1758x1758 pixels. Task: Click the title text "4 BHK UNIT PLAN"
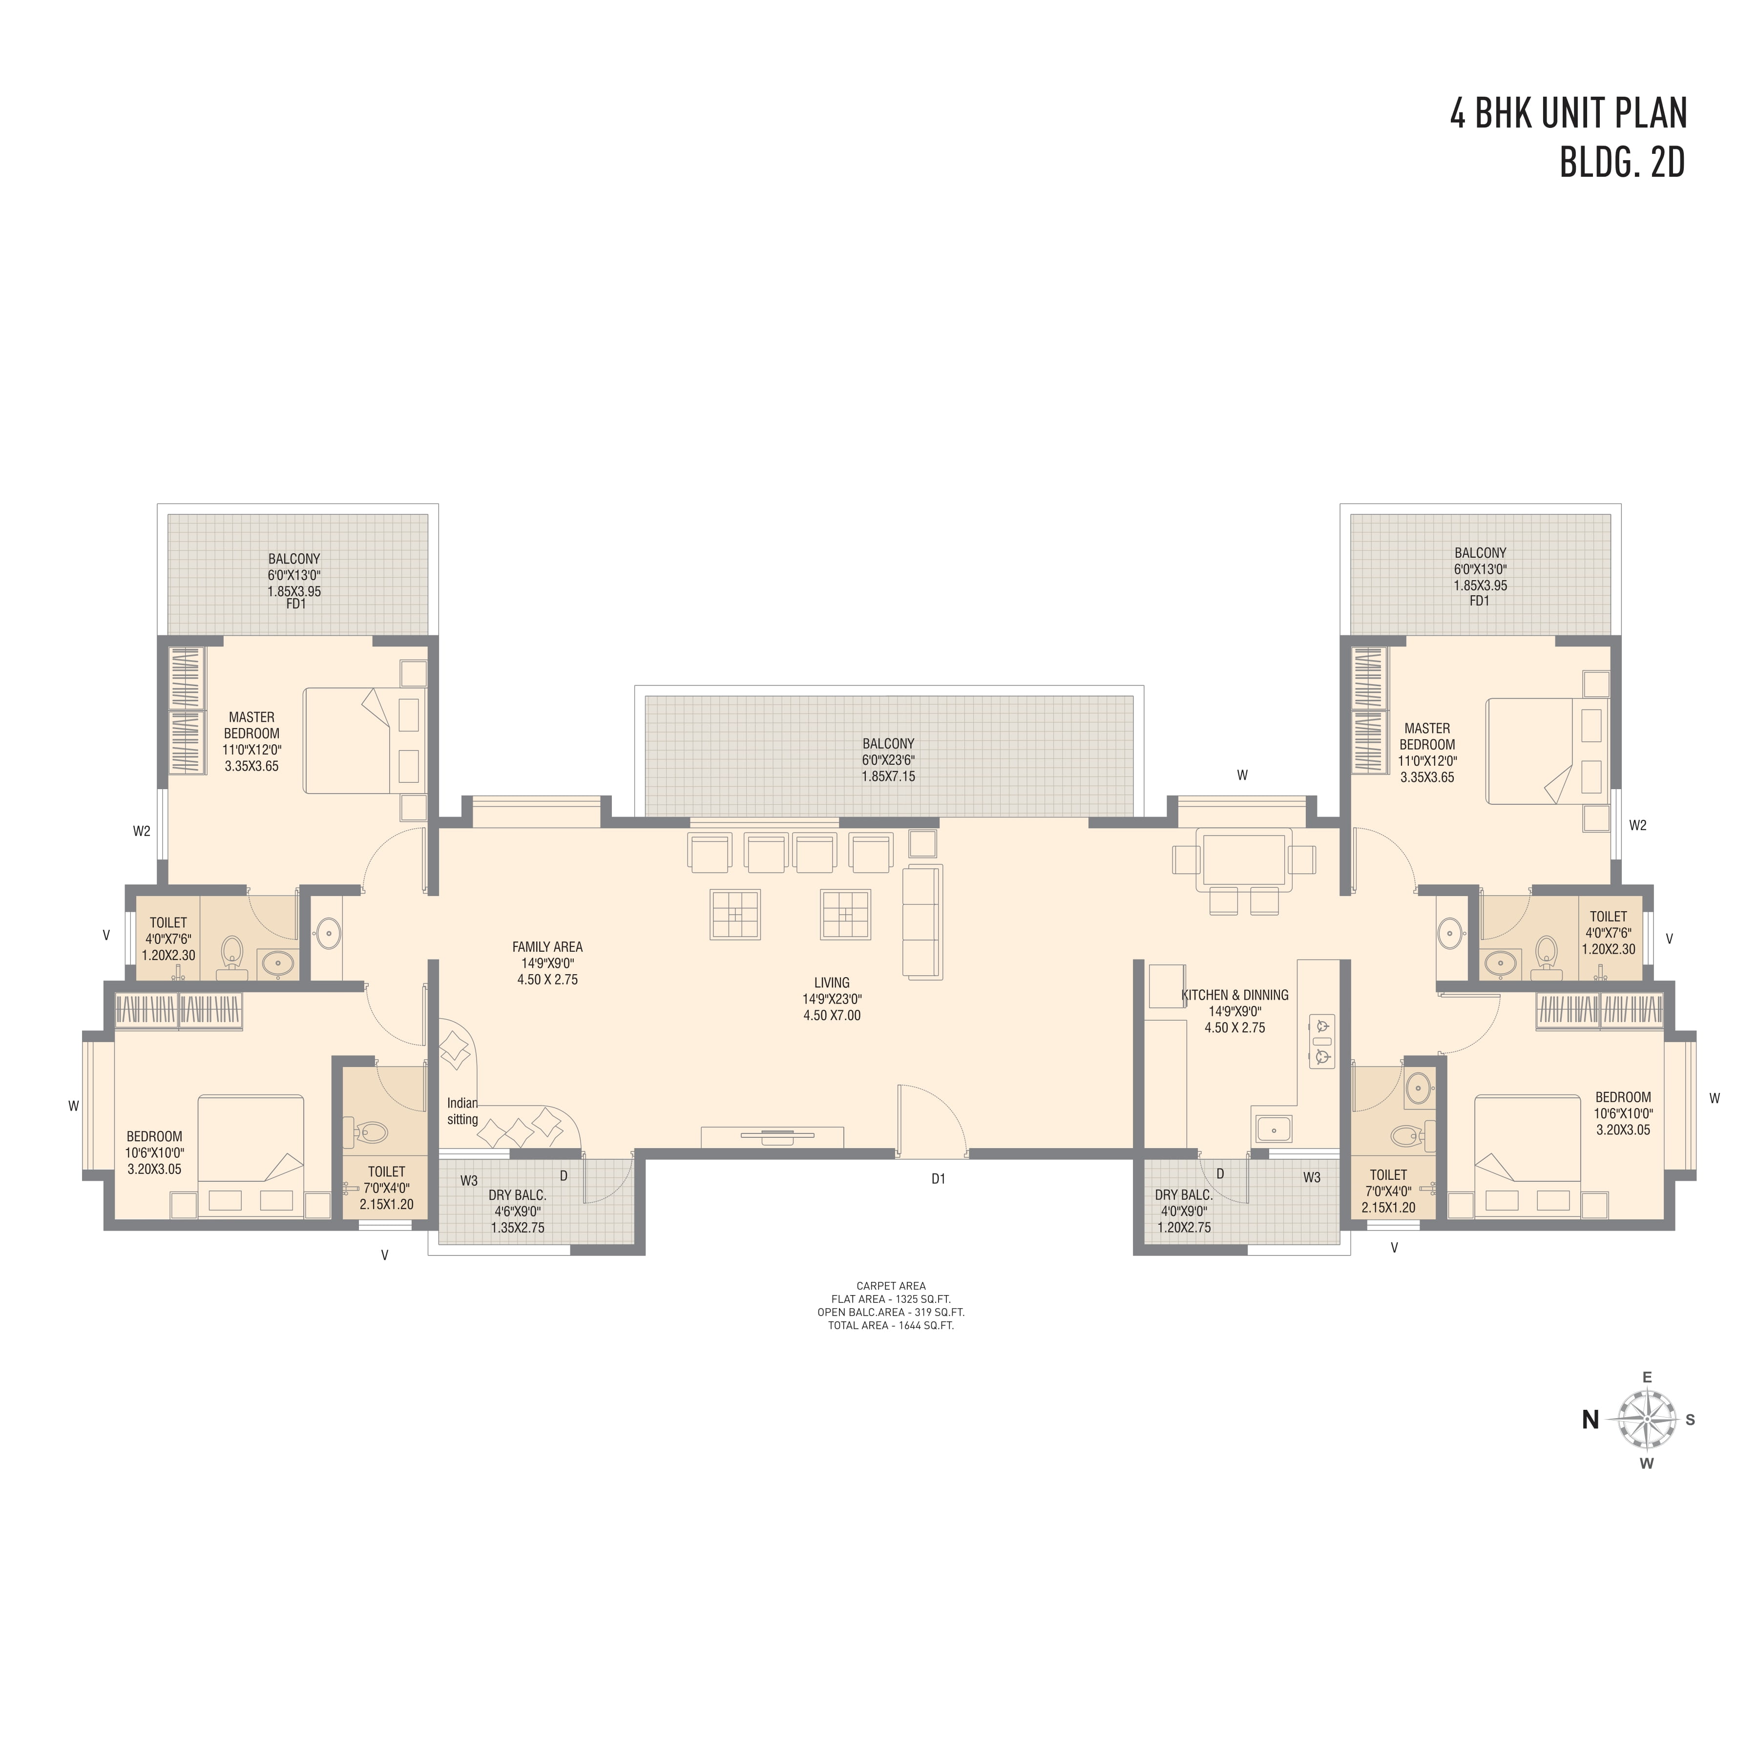pos(1569,113)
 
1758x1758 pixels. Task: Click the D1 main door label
pos(938,1178)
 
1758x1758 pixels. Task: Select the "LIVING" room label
pos(832,983)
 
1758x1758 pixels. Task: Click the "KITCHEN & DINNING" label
pos(1235,996)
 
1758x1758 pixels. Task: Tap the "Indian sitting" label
pos(462,1111)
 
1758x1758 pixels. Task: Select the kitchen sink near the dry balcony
pos(1274,1129)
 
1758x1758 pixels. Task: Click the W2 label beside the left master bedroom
pos(141,831)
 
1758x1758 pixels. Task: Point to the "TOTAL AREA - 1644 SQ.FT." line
pos(891,1326)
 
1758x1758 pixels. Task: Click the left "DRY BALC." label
pos(518,1195)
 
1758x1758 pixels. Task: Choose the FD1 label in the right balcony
pos(1480,601)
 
